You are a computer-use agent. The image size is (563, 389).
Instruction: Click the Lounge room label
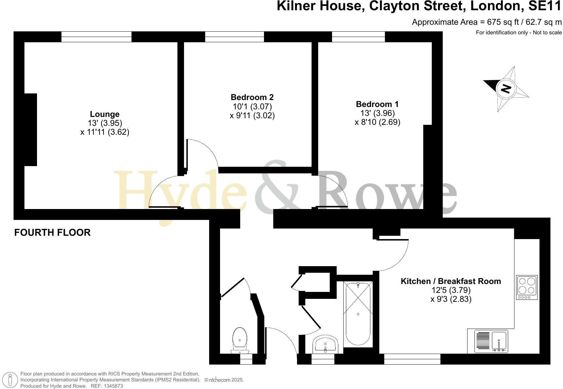point(104,114)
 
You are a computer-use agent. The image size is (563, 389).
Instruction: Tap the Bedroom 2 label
point(252,97)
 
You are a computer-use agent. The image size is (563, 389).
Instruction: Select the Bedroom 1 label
point(377,104)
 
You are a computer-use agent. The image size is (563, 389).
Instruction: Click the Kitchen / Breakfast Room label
point(451,281)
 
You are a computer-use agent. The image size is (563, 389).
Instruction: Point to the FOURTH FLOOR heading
point(52,232)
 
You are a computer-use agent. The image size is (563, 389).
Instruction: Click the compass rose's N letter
point(506,88)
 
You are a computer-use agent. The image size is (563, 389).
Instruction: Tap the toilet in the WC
point(240,340)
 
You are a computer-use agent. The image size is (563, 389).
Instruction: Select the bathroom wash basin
point(325,344)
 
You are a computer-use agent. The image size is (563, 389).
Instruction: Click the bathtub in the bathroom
point(358,314)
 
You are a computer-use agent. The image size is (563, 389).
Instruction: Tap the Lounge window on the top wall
point(96,37)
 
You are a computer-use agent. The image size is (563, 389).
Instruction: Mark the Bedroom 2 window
point(234,37)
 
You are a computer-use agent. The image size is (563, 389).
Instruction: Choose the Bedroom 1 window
point(358,37)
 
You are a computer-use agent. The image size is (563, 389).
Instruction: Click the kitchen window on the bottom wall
point(412,359)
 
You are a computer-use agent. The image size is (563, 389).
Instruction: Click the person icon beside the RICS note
point(10,380)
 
